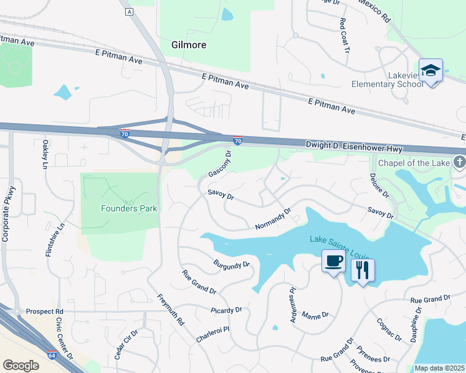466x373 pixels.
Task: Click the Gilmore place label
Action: pos(188,45)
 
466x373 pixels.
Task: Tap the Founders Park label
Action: pos(129,208)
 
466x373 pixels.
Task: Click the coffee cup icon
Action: pos(333,260)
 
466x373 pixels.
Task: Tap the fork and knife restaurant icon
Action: pos(363,270)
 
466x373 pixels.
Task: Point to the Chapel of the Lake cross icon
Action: pos(460,163)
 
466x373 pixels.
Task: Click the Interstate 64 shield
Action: pos(52,355)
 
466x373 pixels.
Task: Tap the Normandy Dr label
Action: pos(273,219)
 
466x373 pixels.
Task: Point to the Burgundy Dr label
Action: pos(231,265)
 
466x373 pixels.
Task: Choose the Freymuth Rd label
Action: pos(171,310)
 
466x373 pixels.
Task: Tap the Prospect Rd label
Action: pos(45,311)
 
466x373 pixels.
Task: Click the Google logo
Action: pos(21,366)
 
